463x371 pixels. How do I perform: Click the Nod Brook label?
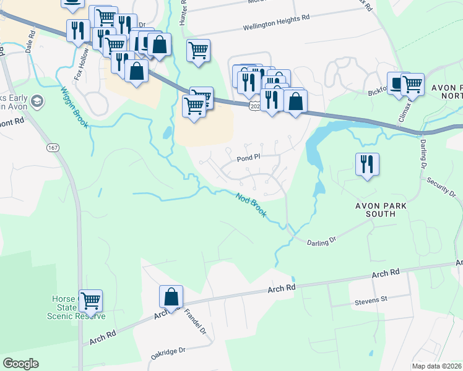[252, 205]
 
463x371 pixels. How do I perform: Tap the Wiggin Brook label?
[74, 106]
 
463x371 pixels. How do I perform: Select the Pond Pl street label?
[249, 158]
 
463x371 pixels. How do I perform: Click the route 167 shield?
[53, 147]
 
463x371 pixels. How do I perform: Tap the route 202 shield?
[255, 107]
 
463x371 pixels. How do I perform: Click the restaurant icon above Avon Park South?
[367, 164]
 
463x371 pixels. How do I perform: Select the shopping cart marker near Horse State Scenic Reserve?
[91, 301]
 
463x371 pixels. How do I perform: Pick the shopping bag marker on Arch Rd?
[171, 297]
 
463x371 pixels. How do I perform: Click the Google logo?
[21, 363]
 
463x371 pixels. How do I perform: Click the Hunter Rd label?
[183, 12]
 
